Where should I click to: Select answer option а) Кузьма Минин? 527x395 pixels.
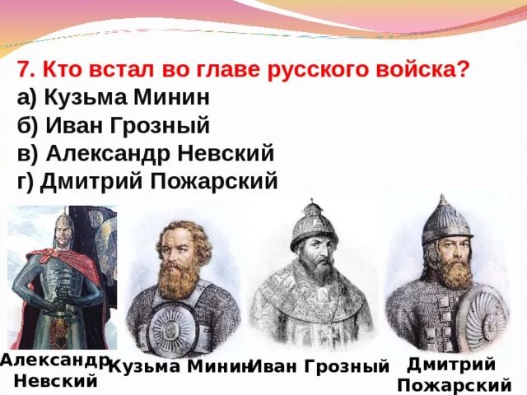tap(113, 98)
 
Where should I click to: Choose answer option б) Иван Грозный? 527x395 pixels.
tap(113, 126)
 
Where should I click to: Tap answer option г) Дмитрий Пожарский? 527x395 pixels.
tap(147, 181)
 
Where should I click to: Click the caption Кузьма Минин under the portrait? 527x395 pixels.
tap(180, 366)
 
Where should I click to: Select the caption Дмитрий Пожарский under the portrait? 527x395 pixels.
tap(452, 374)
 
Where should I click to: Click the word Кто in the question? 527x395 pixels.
tap(60, 69)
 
